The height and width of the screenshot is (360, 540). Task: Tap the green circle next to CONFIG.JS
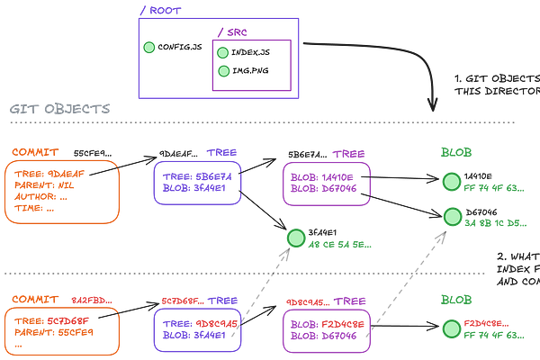click(149, 48)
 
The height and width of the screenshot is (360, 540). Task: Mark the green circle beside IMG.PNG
click(223, 71)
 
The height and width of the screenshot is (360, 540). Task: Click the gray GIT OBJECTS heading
click(58, 108)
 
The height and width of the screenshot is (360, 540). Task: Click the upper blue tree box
click(197, 183)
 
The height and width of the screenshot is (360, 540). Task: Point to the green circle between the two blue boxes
click(294, 239)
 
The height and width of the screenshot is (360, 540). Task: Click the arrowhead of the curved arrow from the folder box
click(433, 106)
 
